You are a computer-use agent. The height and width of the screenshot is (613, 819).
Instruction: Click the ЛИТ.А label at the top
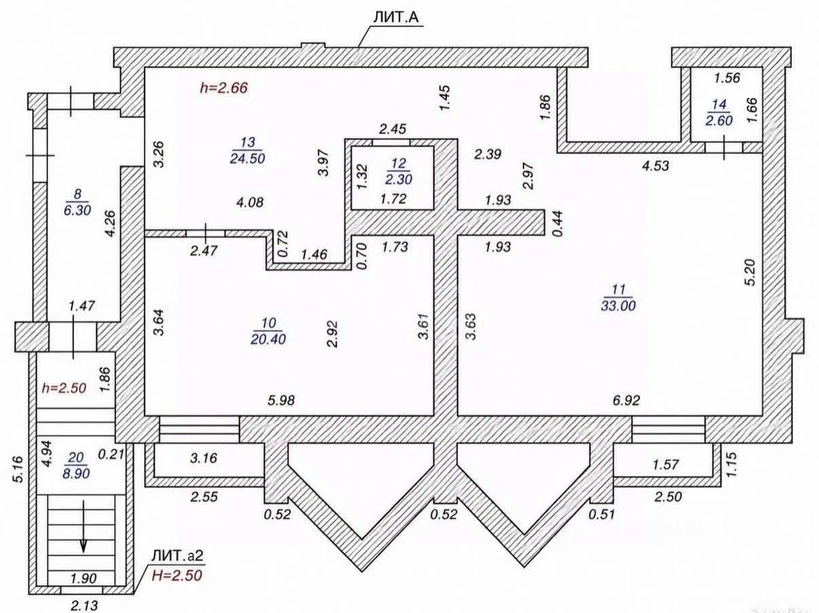pyautogui.click(x=396, y=18)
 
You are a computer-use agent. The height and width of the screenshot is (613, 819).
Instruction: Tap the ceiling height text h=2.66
pyautogui.click(x=224, y=88)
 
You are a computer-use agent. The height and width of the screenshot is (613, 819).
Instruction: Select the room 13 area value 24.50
pyautogui.click(x=247, y=158)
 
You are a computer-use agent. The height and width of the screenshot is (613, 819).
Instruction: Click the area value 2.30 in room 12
pyautogui.click(x=399, y=179)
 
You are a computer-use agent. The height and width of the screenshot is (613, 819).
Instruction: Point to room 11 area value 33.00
pyautogui.click(x=618, y=305)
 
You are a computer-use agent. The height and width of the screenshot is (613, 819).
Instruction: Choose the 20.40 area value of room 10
pyautogui.click(x=268, y=339)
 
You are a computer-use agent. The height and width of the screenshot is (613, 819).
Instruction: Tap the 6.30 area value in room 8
pyautogui.click(x=77, y=210)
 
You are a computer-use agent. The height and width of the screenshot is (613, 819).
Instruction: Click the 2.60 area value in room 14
pyautogui.click(x=719, y=120)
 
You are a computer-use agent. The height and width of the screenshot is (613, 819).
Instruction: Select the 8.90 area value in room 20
pyautogui.click(x=76, y=474)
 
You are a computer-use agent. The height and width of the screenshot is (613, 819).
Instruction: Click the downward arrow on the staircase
pyautogui.click(x=84, y=526)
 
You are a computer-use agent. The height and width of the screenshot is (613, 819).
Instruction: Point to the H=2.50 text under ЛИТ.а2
pyautogui.click(x=177, y=576)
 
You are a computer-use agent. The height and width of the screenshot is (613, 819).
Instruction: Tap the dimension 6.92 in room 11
pyautogui.click(x=626, y=401)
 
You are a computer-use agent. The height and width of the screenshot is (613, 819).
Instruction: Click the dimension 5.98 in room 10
pyautogui.click(x=281, y=401)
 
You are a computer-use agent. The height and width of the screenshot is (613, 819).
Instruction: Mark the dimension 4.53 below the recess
pyautogui.click(x=655, y=166)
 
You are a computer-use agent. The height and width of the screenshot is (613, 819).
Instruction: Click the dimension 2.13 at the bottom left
pyautogui.click(x=84, y=606)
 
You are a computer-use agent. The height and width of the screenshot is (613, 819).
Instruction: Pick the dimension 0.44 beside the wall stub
pyautogui.click(x=558, y=224)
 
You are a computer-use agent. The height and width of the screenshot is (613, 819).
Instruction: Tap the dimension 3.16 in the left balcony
pyautogui.click(x=204, y=458)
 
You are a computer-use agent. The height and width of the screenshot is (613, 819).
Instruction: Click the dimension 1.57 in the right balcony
pyautogui.click(x=666, y=464)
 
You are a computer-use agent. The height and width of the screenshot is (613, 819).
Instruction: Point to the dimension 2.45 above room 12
pyautogui.click(x=393, y=129)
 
